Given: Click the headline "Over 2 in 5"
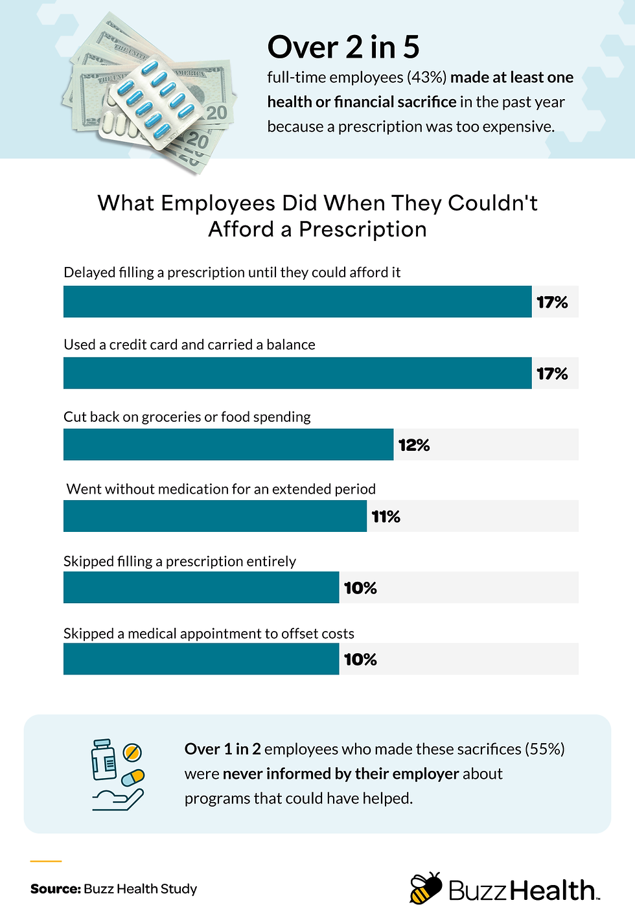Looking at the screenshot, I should coord(343,47).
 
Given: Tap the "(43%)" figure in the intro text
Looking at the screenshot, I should coord(426,78).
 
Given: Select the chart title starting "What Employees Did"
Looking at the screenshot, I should coord(317,216).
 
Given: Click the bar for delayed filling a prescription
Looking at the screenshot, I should coord(297,302).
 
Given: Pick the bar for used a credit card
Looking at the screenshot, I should coord(297,373).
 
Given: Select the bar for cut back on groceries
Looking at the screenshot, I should coord(228,444).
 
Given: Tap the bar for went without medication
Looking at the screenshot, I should coord(215,516).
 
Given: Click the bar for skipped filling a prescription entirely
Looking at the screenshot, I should coord(201,588).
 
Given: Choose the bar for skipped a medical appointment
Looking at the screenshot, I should coord(201,659).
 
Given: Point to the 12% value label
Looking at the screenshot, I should coord(414,445).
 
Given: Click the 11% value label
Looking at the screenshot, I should coord(386,516).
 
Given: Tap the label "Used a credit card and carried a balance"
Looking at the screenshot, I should coord(189,345).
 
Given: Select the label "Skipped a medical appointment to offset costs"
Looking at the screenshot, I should coord(209,634).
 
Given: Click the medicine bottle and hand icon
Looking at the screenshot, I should coord(117,774).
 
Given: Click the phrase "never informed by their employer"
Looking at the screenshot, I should coord(340,774).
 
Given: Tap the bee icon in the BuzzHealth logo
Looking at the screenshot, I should coord(426,888).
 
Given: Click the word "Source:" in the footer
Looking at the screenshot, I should coord(55,889).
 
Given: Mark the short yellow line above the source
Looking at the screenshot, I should coord(46,861).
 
